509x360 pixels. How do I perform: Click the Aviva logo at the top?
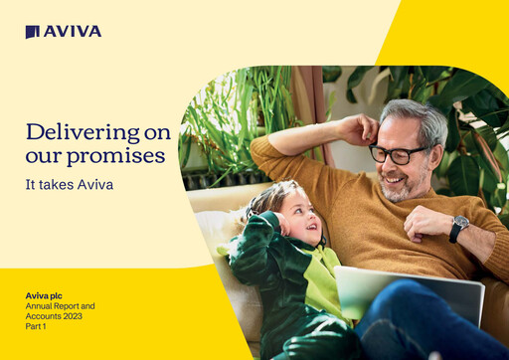63,32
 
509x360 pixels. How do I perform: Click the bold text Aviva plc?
47,296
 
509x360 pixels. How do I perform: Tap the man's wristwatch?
458,228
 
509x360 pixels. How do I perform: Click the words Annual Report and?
60,306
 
